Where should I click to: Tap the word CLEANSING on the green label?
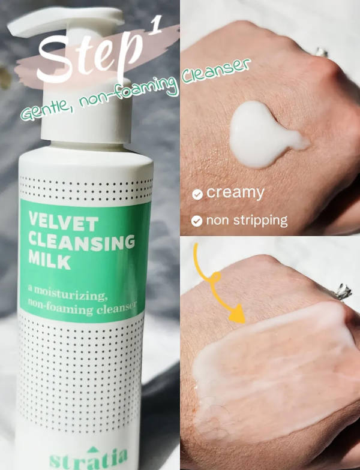click(x=82, y=242)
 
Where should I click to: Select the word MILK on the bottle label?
click(x=49, y=260)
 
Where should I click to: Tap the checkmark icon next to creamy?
click(x=197, y=194)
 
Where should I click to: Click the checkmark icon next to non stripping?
click(x=197, y=221)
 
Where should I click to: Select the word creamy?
click(x=235, y=193)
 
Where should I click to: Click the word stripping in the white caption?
click(x=260, y=221)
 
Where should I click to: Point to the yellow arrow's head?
click(x=238, y=314)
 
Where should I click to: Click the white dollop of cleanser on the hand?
click(x=264, y=133)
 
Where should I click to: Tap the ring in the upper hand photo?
click(x=322, y=52)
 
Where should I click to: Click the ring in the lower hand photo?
click(x=343, y=291)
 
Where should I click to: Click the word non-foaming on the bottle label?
click(x=61, y=306)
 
